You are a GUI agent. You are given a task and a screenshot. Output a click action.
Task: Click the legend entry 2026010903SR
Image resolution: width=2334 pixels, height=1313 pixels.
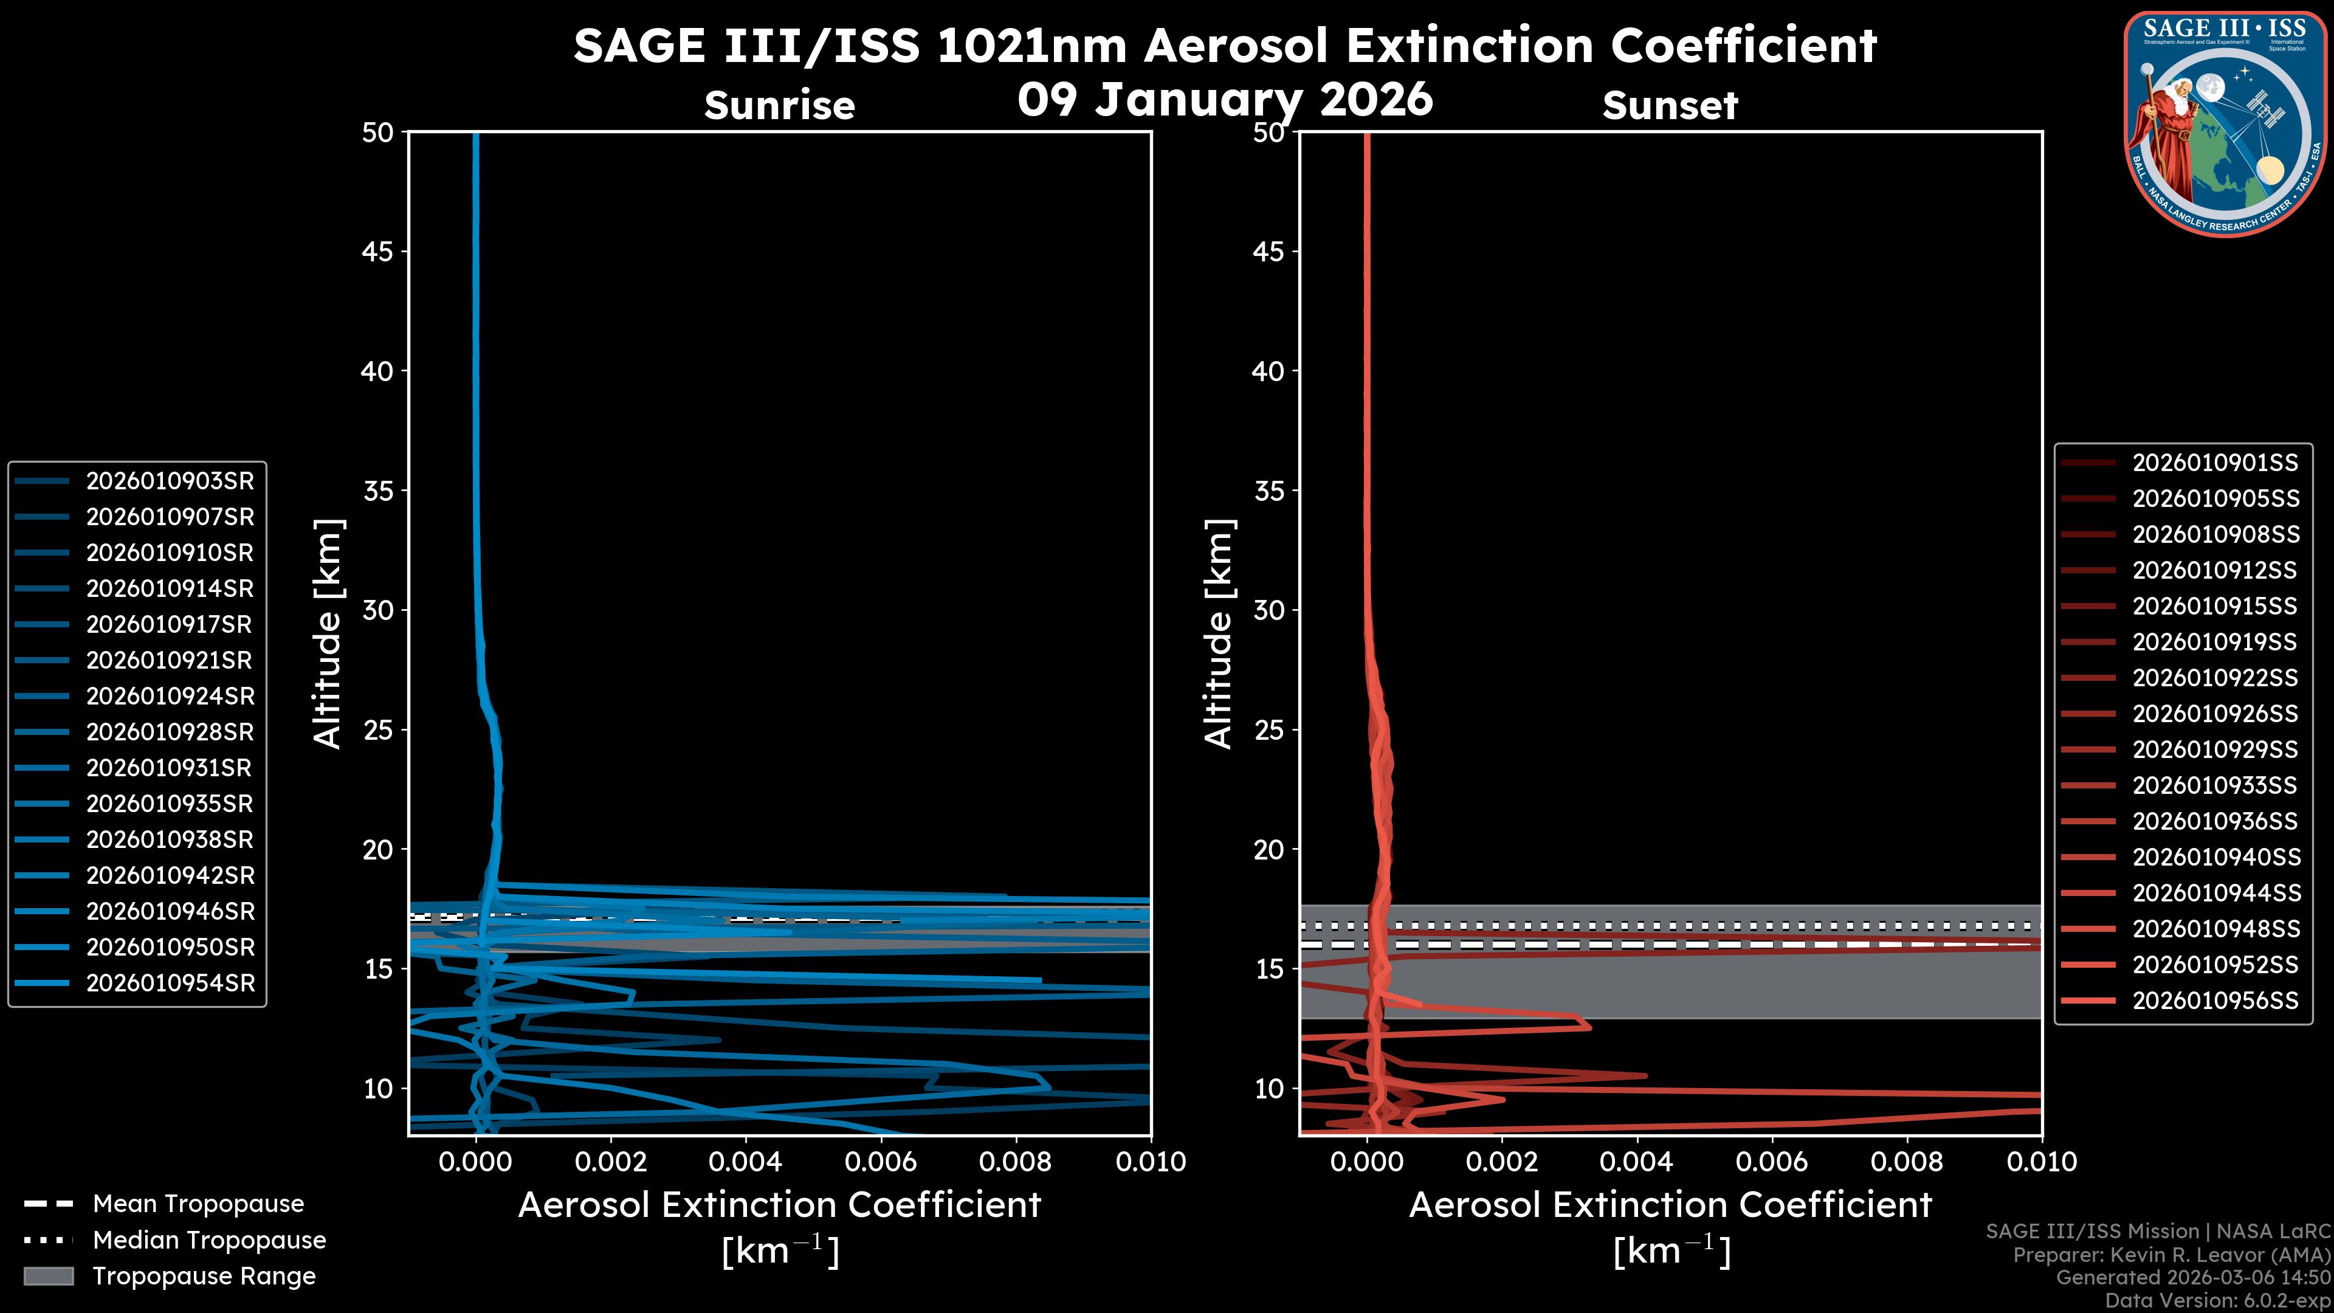[170, 481]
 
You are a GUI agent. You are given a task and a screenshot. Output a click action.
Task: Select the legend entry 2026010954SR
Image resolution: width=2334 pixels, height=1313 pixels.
[170, 983]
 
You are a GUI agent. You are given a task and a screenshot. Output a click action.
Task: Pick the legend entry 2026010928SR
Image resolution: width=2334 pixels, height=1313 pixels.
[170, 732]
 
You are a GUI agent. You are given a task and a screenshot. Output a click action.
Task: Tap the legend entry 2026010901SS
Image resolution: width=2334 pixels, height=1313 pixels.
[2214, 463]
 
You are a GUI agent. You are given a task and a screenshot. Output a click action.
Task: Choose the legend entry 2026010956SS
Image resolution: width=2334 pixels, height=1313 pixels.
[2214, 1001]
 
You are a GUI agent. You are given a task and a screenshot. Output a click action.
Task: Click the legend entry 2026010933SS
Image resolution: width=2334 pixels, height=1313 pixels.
[2214, 785]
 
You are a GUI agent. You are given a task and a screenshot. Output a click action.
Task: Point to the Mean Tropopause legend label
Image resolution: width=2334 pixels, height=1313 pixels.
[198, 1204]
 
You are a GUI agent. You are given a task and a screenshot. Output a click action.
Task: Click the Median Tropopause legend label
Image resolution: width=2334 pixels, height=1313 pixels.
[208, 1241]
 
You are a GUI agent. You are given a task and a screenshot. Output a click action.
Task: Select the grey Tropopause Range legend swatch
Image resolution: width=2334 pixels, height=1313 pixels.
[48, 1276]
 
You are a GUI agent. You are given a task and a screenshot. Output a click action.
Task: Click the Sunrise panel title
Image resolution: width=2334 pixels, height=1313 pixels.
[779, 106]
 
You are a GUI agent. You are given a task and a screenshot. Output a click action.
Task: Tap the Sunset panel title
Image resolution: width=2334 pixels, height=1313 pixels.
[1670, 106]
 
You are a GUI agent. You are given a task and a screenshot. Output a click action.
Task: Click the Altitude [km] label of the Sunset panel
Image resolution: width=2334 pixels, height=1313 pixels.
[1219, 634]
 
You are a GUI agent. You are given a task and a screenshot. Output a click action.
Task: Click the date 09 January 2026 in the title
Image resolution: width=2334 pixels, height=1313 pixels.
[1225, 100]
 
